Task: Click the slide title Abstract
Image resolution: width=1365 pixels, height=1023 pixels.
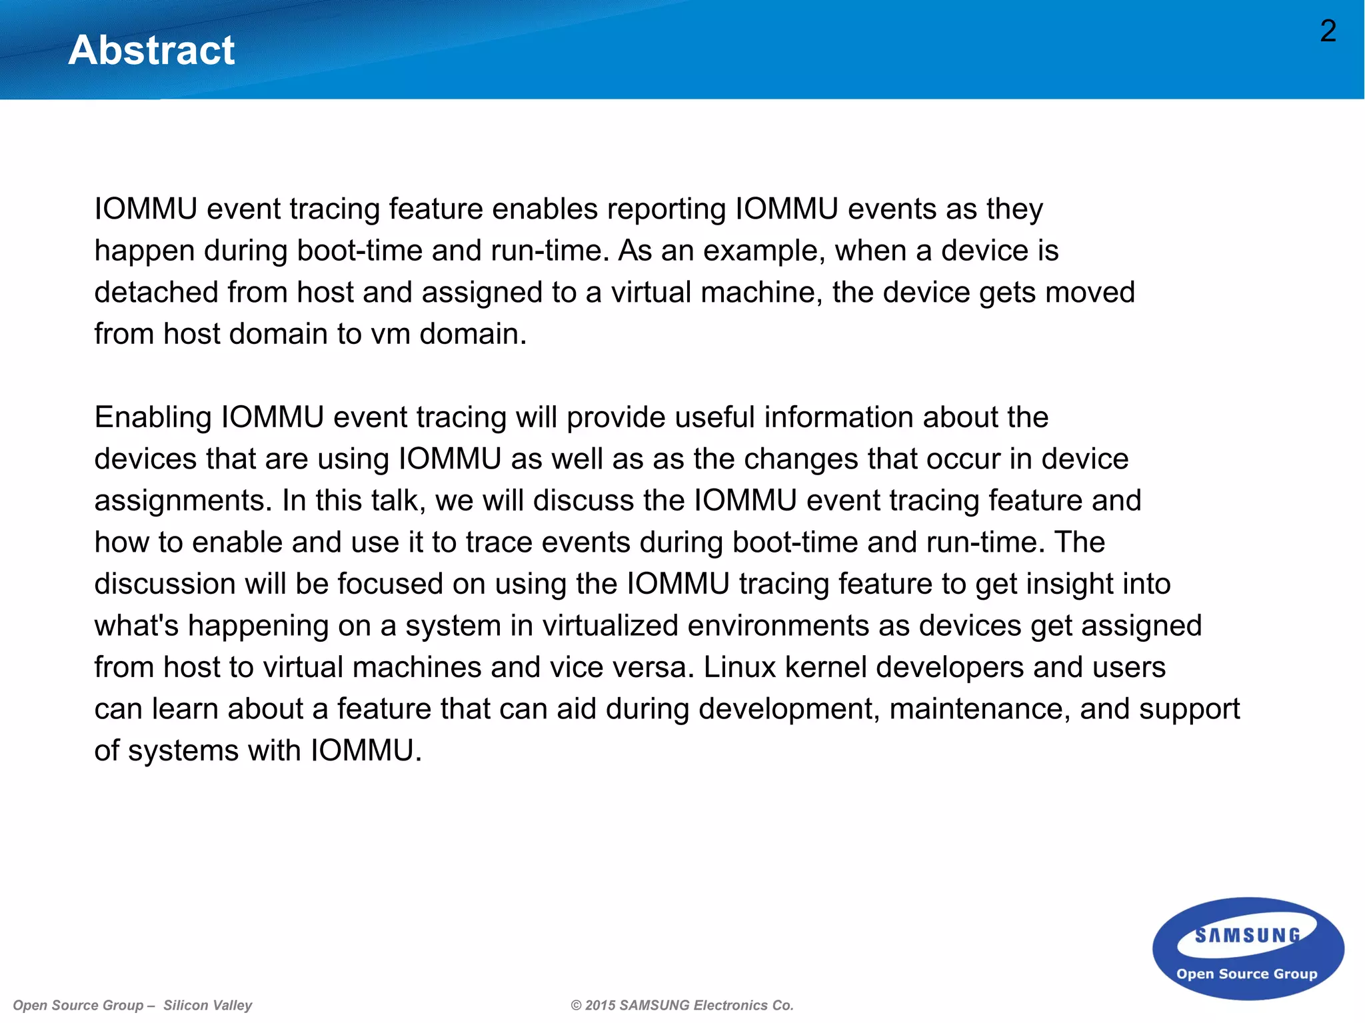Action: (x=151, y=50)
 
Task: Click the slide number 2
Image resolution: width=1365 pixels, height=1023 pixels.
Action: (x=1328, y=31)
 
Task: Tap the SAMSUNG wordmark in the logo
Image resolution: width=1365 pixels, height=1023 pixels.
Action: (x=1247, y=936)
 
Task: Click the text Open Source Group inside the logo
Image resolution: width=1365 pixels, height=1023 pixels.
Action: (x=1246, y=974)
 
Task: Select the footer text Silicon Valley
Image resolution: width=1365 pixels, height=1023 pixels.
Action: (x=207, y=1005)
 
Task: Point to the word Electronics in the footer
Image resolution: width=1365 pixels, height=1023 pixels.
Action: (x=731, y=1005)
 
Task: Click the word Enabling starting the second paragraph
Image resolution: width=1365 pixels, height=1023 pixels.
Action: (x=153, y=418)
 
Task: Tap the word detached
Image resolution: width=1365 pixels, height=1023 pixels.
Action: (x=156, y=293)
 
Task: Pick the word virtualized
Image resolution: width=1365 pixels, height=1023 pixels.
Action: (x=610, y=626)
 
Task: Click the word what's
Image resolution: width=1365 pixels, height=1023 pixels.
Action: (x=136, y=626)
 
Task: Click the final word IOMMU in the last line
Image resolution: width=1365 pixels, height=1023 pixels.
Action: (x=366, y=751)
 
